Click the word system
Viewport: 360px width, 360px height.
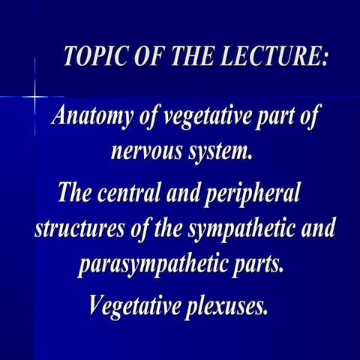[217, 154]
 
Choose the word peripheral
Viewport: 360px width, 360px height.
[256, 194]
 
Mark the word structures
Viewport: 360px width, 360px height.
[76, 229]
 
